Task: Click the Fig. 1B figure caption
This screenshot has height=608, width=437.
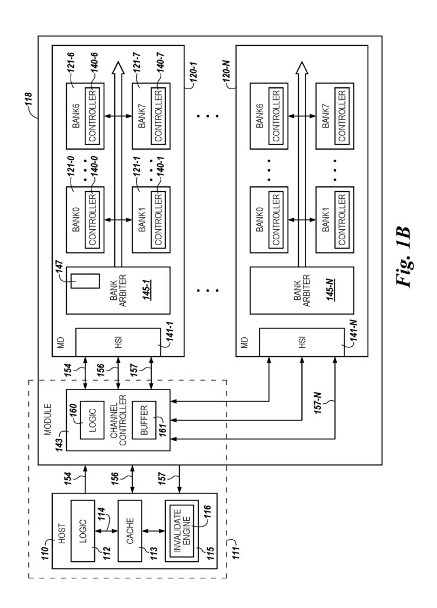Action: point(403,256)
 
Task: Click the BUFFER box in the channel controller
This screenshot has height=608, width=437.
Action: point(144,420)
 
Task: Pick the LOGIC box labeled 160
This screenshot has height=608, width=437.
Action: point(92,420)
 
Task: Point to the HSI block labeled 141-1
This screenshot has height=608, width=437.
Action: point(117,341)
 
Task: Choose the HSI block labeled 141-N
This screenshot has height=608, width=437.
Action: point(302,341)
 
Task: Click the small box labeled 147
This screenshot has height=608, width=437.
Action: point(85,281)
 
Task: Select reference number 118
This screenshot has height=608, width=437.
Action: point(28,102)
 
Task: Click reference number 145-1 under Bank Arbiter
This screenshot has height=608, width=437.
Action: point(147,290)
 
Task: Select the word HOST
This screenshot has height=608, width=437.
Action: point(62,533)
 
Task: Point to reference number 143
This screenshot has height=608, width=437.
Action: point(60,444)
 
